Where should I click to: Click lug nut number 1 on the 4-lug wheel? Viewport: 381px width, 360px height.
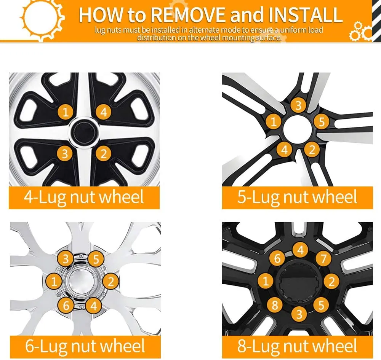click(x=66, y=112)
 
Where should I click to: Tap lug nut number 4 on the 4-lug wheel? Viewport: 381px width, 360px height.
click(x=103, y=112)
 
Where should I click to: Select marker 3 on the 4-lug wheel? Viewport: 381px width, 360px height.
click(x=65, y=153)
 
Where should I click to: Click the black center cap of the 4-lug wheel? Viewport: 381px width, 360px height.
click(x=85, y=132)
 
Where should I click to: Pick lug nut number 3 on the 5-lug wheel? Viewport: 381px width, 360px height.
click(x=298, y=105)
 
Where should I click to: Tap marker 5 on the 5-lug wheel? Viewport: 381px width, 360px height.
click(x=322, y=122)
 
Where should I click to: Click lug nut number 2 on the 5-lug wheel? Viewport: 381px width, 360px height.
click(x=312, y=150)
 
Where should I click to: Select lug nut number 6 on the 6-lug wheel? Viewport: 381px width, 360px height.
click(x=66, y=305)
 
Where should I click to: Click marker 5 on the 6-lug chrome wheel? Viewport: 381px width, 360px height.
click(x=96, y=260)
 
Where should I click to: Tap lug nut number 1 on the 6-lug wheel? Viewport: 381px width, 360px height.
click(x=54, y=282)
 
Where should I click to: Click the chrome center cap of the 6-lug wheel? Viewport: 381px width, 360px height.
click(x=81, y=282)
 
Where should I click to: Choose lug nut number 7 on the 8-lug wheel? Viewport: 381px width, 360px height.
click(x=323, y=259)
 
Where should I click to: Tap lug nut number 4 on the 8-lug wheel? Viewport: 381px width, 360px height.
click(x=301, y=250)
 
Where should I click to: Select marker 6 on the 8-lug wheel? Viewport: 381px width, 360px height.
click(x=277, y=259)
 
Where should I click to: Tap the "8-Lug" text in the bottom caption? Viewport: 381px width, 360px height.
click(x=259, y=347)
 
